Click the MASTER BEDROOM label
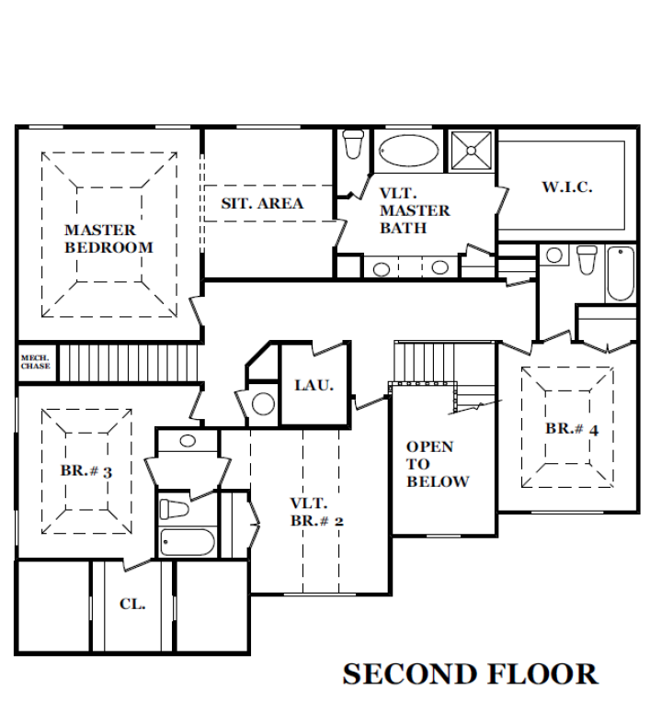coord(108,239)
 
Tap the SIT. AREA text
coord(262,203)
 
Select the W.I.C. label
coord(567,187)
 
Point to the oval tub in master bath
coord(409,151)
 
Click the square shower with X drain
coord(471,151)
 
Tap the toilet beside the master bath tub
coord(353,144)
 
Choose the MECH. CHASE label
coord(35,362)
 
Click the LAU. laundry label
coord(314,385)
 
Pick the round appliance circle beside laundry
coord(263,403)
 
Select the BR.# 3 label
coord(86,471)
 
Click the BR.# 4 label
coord(572,429)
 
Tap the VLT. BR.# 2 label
coord(316,512)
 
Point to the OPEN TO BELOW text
coord(438,464)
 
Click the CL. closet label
coord(132,605)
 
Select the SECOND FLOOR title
coord(470,674)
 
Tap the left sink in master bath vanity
coord(382,269)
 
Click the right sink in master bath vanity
coord(439,267)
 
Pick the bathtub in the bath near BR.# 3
coord(188,542)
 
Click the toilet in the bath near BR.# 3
coord(174,509)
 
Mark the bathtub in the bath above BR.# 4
coord(621,273)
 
